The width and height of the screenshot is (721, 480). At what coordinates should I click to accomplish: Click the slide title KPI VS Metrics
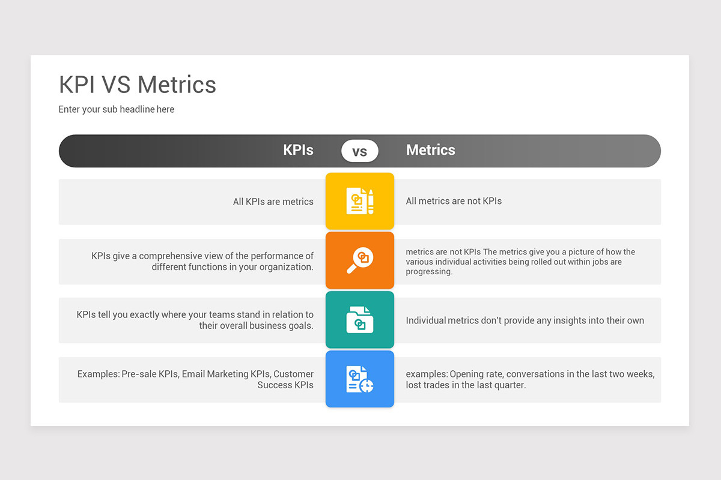click(x=138, y=85)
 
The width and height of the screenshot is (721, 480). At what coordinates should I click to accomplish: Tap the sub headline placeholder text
click(x=116, y=109)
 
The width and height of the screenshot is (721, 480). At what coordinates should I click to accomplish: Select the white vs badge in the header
click(x=360, y=151)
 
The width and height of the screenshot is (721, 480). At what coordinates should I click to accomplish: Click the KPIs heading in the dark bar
click(x=298, y=150)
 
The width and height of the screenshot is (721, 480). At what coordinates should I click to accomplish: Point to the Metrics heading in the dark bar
click(x=430, y=150)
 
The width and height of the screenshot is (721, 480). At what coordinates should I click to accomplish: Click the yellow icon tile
click(x=360, y=201)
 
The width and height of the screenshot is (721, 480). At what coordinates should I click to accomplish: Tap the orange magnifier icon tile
click(x=360, y=260)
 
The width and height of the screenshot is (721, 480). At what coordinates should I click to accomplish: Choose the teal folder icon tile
click(x=360, y=320)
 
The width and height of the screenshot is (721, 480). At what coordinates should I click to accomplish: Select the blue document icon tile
click(x=360, y=379)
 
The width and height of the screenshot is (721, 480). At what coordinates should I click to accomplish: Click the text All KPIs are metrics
click(x=273, y=202)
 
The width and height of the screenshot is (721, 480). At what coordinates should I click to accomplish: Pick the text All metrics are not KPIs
click(x=454, y=201)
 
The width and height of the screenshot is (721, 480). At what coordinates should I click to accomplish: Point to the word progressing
click(x=429, y=272)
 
